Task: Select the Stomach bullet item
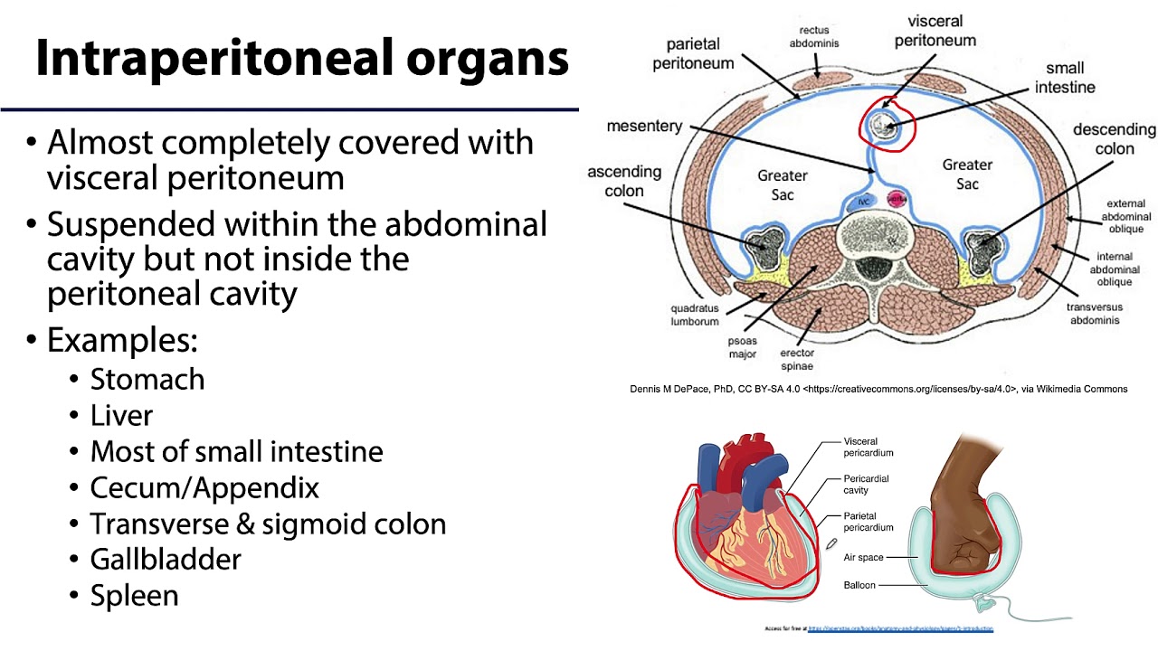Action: point(147,379)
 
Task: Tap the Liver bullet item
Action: point(121,415)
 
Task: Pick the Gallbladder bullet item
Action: point(166,560)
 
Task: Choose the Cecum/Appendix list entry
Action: point(204,487)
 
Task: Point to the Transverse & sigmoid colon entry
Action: point(268,524)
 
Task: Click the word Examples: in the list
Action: point(122,341)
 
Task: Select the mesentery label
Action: point(644,126)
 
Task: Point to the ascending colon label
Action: point(624,181)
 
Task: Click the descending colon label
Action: point(1114,138)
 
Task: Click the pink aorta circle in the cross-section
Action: point(897,199)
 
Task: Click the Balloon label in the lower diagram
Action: point(859,585)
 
